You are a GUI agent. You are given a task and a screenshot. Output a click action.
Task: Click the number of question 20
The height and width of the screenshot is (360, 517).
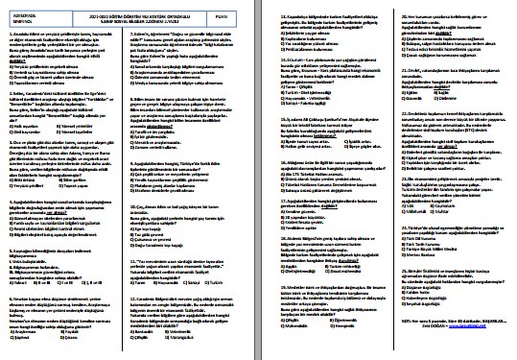[351, 36]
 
